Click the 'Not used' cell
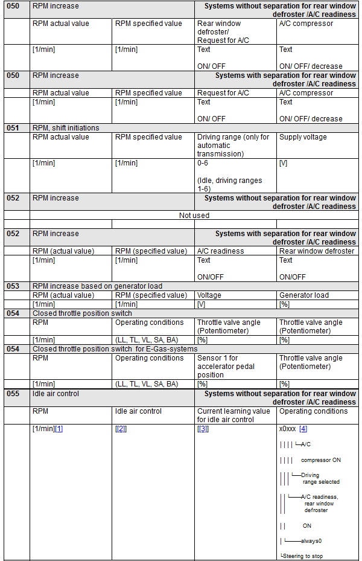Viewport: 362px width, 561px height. click(x=194, y=215)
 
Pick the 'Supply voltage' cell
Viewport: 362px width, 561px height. click(x=303, y=137)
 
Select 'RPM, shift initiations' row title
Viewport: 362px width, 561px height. click(x=66, y=127)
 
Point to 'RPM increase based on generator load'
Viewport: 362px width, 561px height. click(x=97, y=286)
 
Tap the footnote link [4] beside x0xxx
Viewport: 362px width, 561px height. click(x=303, y=429)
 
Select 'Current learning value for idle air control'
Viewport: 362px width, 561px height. click(x=233, y=415)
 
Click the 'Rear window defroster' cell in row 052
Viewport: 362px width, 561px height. click(x=317, y=251)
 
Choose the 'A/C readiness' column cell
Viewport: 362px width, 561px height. click(x=221, y=251)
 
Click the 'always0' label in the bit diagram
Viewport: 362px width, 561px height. click(x=311, y=541)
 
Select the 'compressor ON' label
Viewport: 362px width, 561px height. click(x=321, y=460)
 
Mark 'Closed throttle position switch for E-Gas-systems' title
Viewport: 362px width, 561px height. click(x=115, y=348)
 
